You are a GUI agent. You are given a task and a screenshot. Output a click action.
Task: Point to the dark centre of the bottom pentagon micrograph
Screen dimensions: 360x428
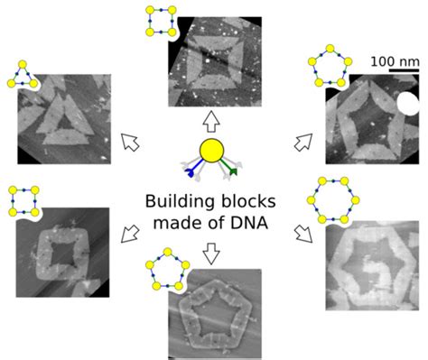[x=215, y=313]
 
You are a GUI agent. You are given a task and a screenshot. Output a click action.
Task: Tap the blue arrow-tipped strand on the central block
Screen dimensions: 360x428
[x=190, y=170]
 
